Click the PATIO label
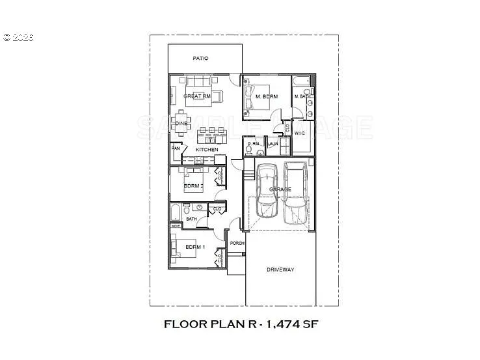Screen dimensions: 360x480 [200, 59]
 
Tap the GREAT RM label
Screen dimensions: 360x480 [196, 96]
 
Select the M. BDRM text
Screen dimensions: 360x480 [267, 97]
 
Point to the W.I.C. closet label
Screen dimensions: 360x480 [300, 133]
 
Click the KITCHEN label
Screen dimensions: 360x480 [207, 150]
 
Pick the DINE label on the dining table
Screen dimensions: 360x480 [181, 123]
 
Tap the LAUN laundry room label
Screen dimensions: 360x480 [273, 144]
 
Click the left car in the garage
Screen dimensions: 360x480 [267, 191]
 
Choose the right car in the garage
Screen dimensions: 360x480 [296, 192]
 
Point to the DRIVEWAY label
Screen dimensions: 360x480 [280, 270]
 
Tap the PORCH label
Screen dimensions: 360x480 [237, 243]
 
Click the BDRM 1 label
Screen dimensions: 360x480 [195, 247]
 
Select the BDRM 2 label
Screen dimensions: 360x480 [194, 186]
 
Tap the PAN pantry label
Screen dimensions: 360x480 [176, 148]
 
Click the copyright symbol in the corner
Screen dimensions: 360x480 [7, 37]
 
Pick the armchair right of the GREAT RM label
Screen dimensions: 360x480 [217, 96]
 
